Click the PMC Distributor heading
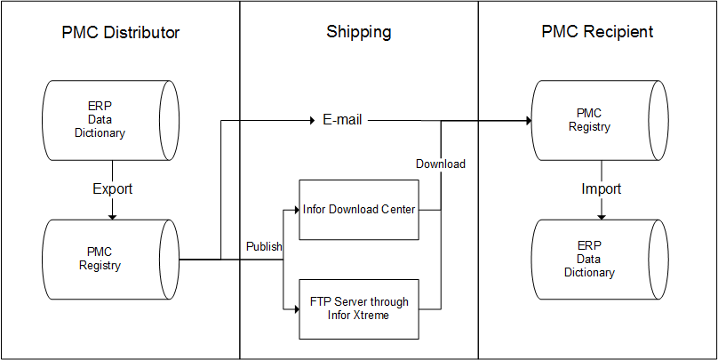(121, 33)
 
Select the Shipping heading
(359, 33)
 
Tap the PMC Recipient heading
(597, 32)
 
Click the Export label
(112, 189)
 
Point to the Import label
(601, 189)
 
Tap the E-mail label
(342, 120)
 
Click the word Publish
(264, 246)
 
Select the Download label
(441, 164)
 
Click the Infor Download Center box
(357, 210)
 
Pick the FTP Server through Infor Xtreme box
(357, 308)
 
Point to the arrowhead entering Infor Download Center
(294, 210)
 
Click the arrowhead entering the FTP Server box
(294, 308)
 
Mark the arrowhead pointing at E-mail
(312, 120)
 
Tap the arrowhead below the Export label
(112, 215)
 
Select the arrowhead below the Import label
(602, 215)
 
